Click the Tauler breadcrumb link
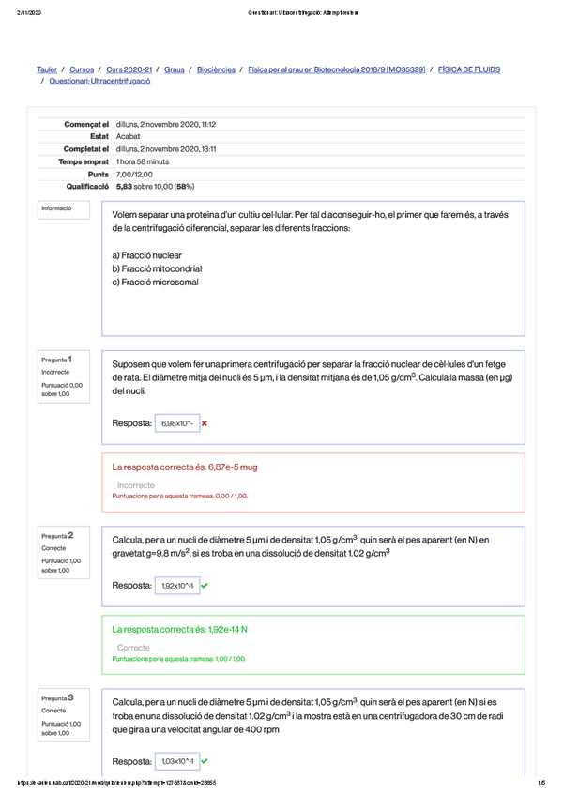click(47, 69)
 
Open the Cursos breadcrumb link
click(82, 69)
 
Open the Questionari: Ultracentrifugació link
click(99, 82)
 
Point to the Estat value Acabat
click(128, 136)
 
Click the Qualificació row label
click(79, 187)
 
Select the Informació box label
click(55, 207)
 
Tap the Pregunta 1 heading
click(57, 359)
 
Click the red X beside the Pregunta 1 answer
click(205, 423)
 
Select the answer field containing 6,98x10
click(176, 423)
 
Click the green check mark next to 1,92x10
click(205, 586)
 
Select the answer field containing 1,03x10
click(176, 761)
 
